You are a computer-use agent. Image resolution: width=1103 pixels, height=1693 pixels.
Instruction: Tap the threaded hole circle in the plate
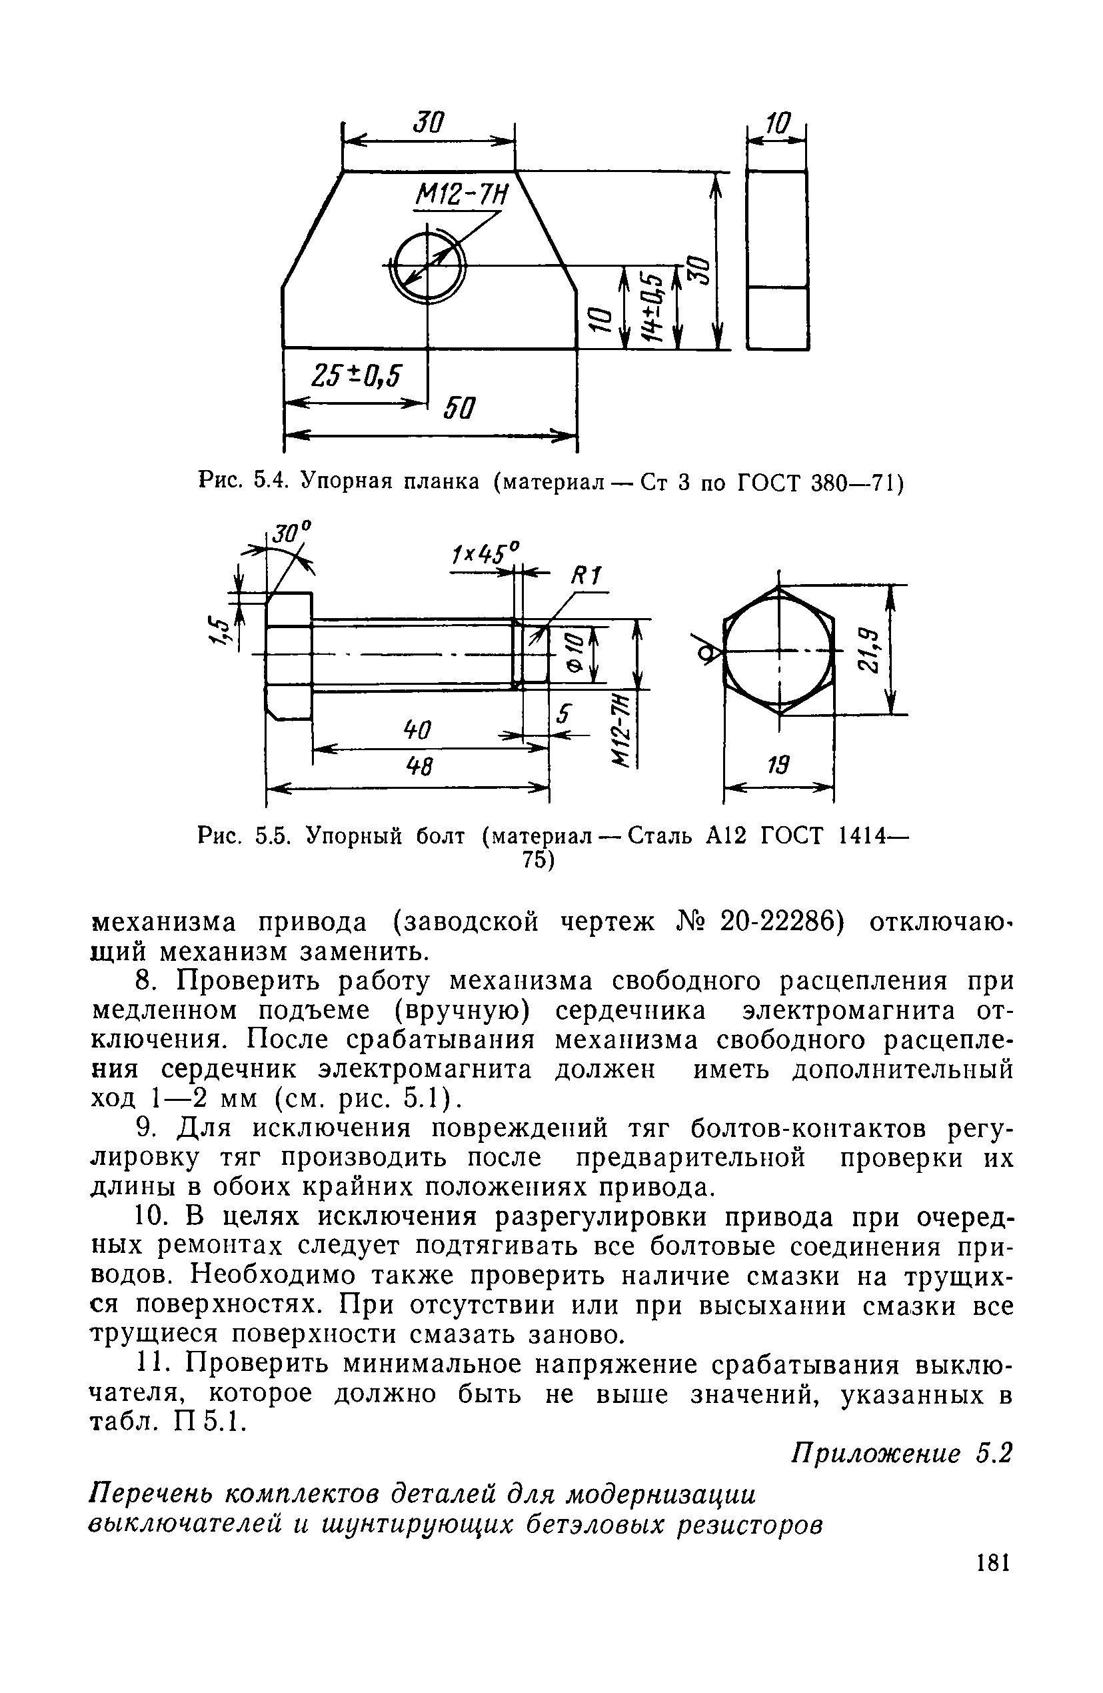(427, 265)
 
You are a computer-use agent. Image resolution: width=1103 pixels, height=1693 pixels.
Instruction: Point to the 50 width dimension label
(459, 409)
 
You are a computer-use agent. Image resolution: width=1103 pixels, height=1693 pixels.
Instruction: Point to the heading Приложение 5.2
(901, 1453)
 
